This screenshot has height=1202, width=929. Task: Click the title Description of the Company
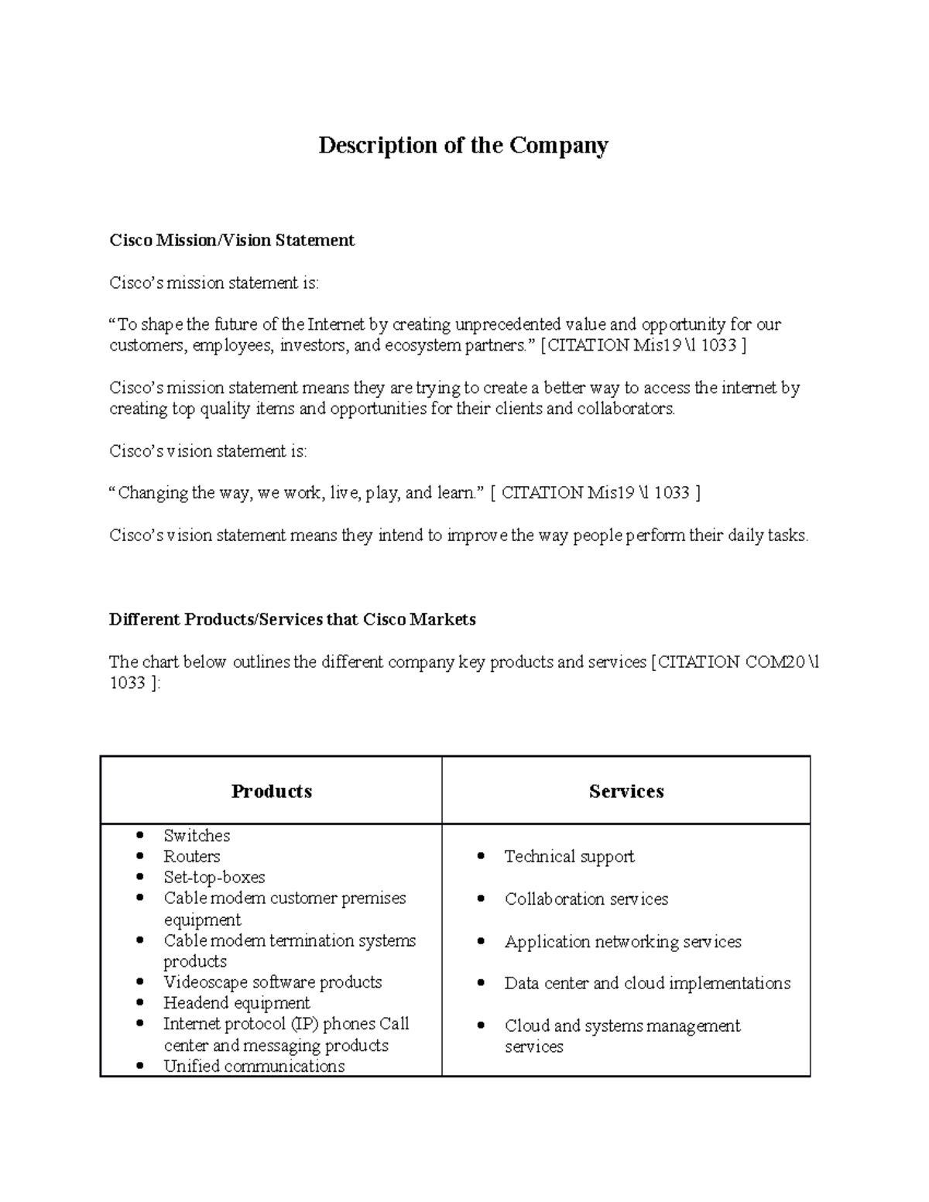(x=463, y=146)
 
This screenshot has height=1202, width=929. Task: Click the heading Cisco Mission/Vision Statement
(x=231, y=240)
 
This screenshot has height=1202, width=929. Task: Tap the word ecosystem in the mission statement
(x=422, y=345)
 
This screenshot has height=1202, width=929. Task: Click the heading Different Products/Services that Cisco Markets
(x=292, y=619)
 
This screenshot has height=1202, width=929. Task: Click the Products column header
(x=271, y=791)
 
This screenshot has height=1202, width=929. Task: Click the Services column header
(x=626, y=791)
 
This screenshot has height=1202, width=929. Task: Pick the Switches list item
(x=197, y=836)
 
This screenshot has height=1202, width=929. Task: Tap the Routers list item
(x=192, y=857)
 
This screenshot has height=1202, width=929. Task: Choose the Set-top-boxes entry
(x=214, y=878)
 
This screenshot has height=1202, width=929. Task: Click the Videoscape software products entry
(x=273, y=982)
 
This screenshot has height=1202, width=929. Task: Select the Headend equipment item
(x=236, y=1003)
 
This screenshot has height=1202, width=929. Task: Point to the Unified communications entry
(x=254, y=1067)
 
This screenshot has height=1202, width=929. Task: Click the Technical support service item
(x=569, y=857)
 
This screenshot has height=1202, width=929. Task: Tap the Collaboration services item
(x=586, y=899)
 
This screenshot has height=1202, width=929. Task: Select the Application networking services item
(x=622, y=942)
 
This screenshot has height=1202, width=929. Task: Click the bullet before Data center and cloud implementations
(x=482, y=984)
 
